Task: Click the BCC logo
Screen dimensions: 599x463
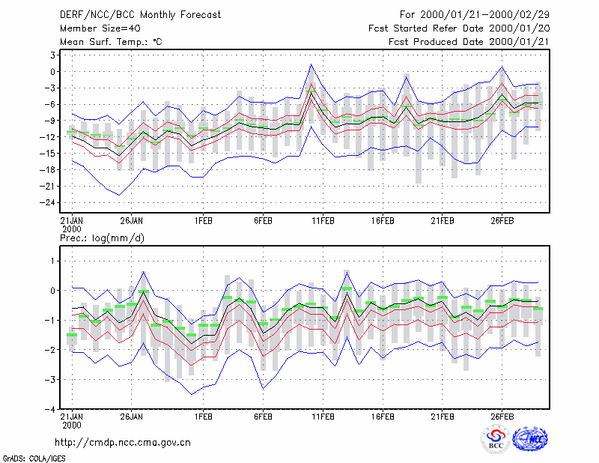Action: [496, 439]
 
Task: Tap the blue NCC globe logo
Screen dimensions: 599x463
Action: [530, 439]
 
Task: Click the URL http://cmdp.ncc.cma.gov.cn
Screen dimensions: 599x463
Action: [123, 442]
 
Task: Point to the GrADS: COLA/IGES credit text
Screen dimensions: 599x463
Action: [34, 459]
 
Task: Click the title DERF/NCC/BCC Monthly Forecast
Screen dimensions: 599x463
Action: [140, 15]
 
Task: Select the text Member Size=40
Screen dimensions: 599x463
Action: [100, 28]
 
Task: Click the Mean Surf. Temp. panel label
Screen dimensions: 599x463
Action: [111, 42]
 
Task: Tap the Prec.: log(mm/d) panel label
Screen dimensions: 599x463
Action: [102, 238]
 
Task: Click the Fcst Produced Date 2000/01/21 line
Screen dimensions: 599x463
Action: [469, 42]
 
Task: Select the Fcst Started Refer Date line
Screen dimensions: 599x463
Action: [459, 28]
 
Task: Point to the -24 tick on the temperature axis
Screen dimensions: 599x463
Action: [48, 202]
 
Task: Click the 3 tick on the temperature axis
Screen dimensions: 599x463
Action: [52, 55]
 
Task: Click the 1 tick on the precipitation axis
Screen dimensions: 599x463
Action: [53, 261]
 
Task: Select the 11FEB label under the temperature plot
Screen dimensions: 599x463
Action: [323, 221]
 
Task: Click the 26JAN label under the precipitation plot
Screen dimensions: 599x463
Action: [131, 417]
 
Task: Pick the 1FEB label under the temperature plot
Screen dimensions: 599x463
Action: [203, 221]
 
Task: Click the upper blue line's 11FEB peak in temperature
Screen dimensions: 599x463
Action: [311, 64]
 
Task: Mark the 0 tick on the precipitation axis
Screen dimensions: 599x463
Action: [52, 291]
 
